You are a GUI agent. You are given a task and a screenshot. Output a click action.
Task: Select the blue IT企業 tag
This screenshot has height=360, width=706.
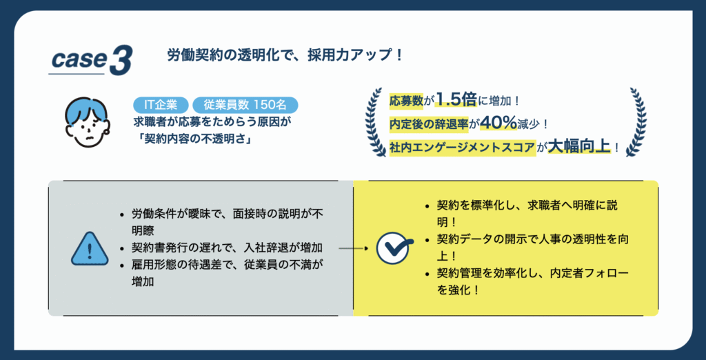point(161,105)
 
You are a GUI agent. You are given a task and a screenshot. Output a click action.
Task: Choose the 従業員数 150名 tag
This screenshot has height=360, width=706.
point(245,105)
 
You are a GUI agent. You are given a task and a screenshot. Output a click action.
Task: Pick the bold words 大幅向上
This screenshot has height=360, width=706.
point(578,148)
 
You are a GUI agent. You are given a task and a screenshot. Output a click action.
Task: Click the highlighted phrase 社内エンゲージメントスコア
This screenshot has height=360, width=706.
point(463,148)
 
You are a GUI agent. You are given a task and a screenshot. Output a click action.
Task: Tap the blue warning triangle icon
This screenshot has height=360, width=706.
point(90,249)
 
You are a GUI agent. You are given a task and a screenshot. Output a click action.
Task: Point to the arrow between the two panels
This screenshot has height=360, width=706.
point(354,248)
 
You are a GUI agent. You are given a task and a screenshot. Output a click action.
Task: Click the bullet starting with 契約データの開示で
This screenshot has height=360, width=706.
point(527,248)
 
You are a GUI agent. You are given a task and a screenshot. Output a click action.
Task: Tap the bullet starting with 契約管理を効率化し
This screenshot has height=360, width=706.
point(527,281)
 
